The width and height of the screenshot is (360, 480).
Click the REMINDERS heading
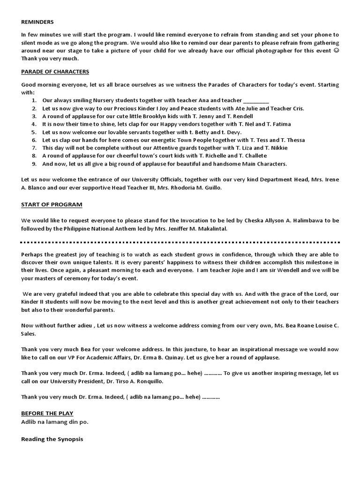[37, 22]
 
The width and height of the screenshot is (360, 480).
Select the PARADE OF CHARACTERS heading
[55, 72]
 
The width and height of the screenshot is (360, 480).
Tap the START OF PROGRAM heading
[52, 204]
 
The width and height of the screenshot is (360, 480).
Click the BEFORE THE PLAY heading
[47, 413]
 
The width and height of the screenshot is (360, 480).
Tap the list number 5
[34, 132]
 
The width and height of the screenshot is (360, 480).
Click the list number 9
[34, 164]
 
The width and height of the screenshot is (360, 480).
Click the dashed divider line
[180, 243]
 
